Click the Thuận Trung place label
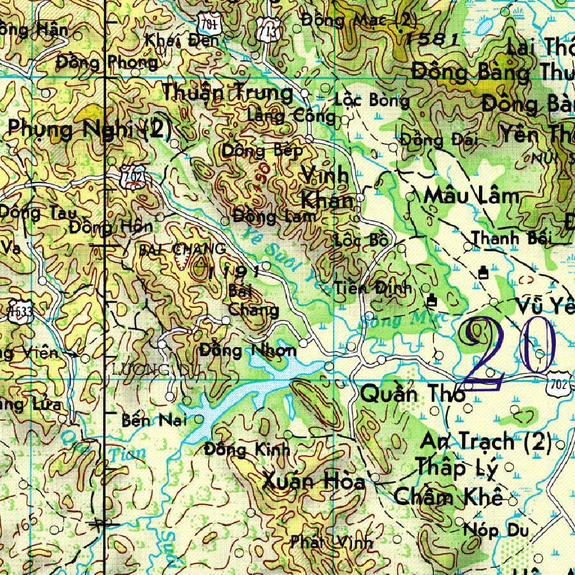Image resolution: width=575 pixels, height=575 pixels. (x=227, y=93)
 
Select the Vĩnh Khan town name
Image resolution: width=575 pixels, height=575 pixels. (x=326, y=188)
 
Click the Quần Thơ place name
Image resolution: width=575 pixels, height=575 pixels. (x=413, y=394)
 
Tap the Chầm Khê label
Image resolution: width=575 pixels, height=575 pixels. (x=448, y=497)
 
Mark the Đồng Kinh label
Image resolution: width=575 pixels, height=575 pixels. (x=247, y=449)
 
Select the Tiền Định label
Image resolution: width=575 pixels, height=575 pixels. (x=374, y=288)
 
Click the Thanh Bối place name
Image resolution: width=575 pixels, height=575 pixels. (x=512, y=238)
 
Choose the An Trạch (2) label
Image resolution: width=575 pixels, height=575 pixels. (x=486, y=442)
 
